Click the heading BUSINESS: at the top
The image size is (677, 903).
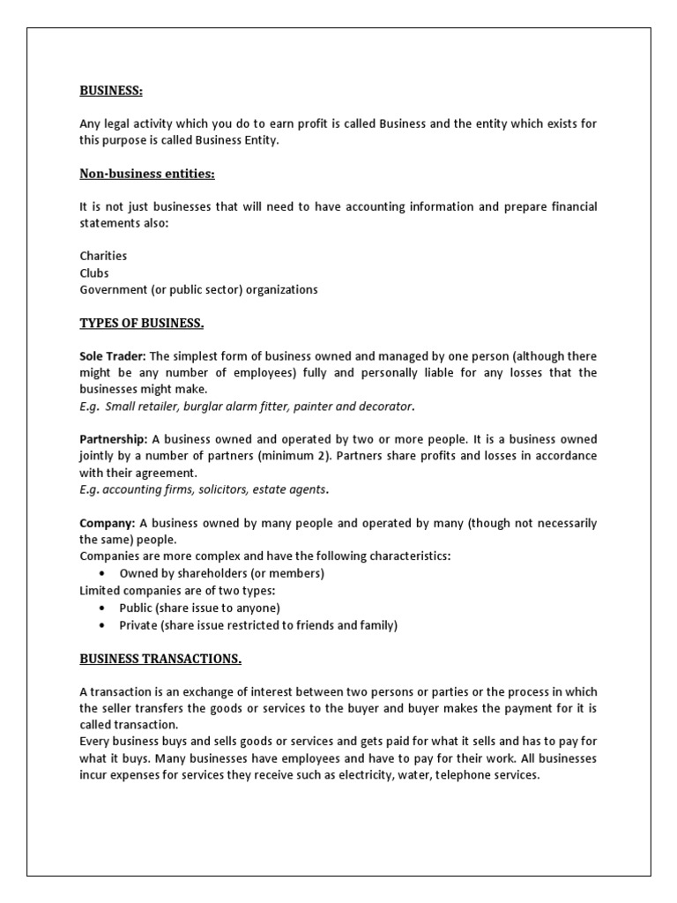click(111, 90)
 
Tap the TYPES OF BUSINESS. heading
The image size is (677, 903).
click(142, 323)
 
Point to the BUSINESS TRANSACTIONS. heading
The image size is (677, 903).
click(160, 659)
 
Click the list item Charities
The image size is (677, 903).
click(103, 256)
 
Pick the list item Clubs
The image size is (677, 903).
click(94, 273)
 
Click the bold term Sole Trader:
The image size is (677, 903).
click(113, 356)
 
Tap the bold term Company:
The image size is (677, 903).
click(108, 523)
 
